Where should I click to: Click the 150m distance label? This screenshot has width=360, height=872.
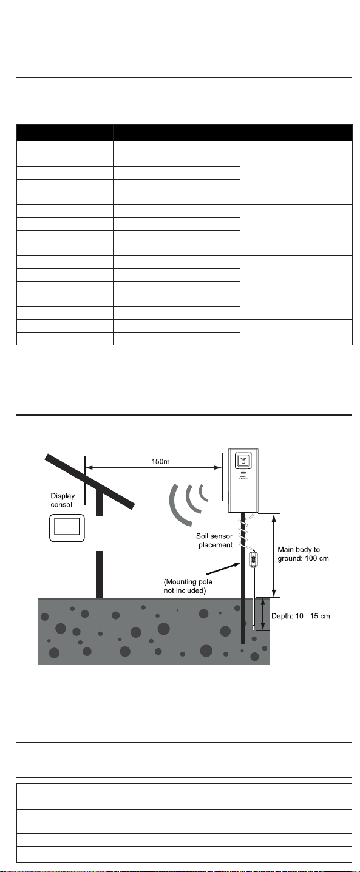click(160, 462)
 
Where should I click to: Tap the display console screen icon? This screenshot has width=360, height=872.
click(67, 528)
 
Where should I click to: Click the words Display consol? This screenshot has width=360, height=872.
click(63, 500)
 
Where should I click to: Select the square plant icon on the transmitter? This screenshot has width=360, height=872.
click(243, 461)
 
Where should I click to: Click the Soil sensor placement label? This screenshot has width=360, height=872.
click(214, 541)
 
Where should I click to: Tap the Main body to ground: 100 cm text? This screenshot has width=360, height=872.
click(303, 554)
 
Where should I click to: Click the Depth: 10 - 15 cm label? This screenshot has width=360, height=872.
click(301, 617)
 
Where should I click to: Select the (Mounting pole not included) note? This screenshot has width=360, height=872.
click(188, 586)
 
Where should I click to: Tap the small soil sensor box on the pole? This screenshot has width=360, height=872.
click(254, 559)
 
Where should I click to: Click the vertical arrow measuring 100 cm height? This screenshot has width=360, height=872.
click(274, 555)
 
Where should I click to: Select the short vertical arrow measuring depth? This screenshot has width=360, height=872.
click(263, 615)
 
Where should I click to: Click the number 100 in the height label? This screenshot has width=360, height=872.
click(313, 559)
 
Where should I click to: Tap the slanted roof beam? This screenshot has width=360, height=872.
click(90, 482)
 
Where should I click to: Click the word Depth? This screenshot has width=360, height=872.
click(282, 617)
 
